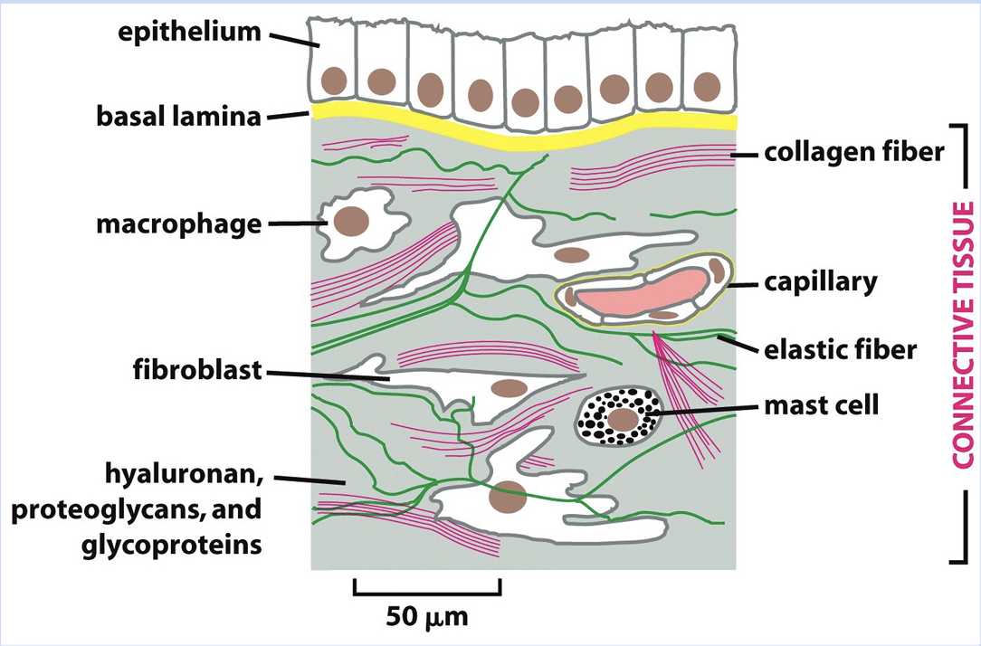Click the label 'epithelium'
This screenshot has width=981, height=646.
[x=189, y=33]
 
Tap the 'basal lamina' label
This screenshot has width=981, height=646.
[x=179, y=116]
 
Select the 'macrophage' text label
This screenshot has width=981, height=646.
[x=179, y=223]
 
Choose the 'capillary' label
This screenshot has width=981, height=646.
[x=821, y=281]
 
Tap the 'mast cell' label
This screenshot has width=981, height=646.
[x=821, y=404]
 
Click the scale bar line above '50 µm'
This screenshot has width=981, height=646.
[x=426, y=594]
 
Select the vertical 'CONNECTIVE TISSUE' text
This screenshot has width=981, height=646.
[x=963, y=335]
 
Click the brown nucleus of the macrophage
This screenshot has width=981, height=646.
[x=351, y=220]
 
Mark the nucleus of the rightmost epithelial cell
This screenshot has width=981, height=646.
[x=706, y=87]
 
